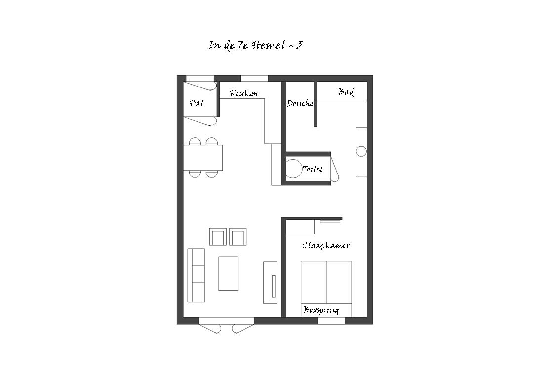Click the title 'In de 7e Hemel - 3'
[x=255, y=45]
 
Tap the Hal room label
[x=197, y=103]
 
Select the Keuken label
[x=244, y=93]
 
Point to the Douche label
[x=300, y=103]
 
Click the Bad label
[x=346, y=92]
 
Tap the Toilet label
[x=313, y=169]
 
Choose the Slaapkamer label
[x=326, y=245]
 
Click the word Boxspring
[x=321, y=310]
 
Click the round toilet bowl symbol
[x=292, y=169]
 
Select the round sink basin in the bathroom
[x=361, y=151]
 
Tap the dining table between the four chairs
[x=203, y=157]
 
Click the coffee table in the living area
[x=228, y=273]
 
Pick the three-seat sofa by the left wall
[x=196, y=275]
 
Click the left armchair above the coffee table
[x=218, y=237]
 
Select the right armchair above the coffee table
[x=238, y=237]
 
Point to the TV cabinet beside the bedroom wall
[x=270, y=282]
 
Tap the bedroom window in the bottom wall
[x=331, y=321]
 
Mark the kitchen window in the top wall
[x=254, y=78]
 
